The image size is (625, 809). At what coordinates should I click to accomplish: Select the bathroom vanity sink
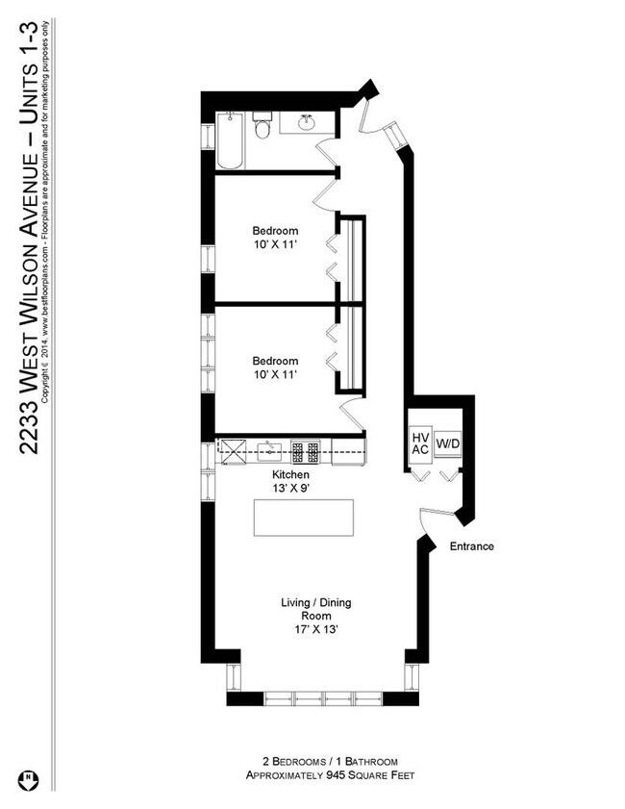[307, 123]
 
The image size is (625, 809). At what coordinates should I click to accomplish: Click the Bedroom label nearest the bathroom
[275, 231]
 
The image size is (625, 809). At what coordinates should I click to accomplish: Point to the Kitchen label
[289, 475]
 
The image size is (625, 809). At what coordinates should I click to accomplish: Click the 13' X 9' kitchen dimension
[289, 489]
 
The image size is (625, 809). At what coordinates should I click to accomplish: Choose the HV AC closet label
[419, 443]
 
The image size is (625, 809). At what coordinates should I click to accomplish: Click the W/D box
[447, 444]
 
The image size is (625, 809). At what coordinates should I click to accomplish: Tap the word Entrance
[471, 546]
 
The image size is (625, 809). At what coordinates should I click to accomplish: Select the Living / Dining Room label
[315, 610]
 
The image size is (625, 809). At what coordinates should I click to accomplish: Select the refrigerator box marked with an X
[234, 447]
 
